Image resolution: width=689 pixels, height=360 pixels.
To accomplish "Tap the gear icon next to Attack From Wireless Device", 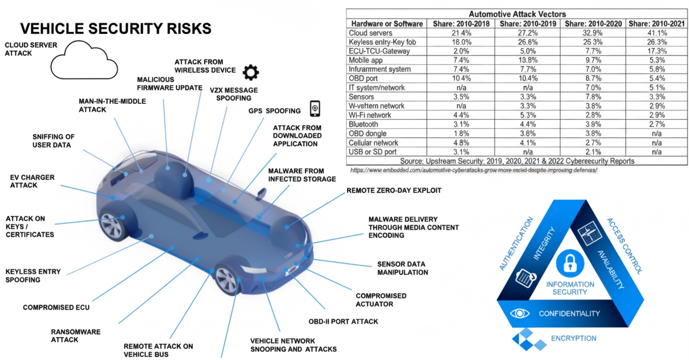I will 251,72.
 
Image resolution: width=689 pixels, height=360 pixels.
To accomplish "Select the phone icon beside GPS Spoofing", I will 315,108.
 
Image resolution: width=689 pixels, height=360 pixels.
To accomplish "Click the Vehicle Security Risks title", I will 115,28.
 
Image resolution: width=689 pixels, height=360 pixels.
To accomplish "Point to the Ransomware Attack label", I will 75,336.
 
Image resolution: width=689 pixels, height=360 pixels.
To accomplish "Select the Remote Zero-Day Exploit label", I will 394,190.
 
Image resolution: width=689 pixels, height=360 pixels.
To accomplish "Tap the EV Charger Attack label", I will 32,181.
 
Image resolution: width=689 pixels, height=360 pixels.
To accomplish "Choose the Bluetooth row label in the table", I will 364,125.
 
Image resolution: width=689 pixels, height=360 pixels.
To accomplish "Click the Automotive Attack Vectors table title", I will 517,14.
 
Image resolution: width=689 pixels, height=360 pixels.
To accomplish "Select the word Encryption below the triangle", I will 574,338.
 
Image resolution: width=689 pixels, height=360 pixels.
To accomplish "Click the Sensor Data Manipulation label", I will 402,268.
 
